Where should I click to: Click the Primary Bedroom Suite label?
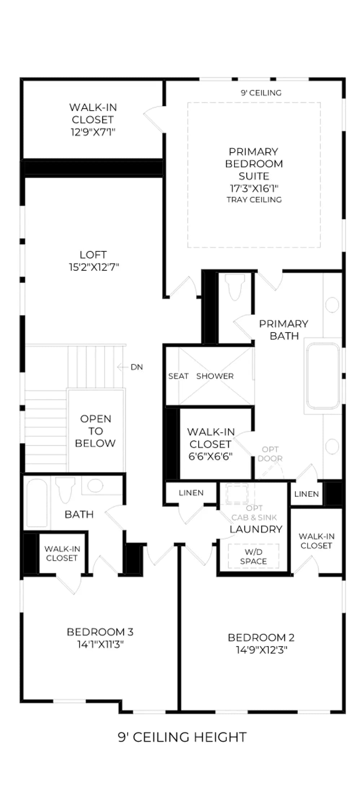254,163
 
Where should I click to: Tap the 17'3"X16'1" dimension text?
254,188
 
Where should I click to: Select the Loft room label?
93,255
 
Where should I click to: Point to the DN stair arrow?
123,367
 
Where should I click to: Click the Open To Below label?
95,431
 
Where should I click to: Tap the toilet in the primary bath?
234,287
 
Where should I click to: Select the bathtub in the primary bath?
323,376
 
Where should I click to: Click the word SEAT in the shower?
178,376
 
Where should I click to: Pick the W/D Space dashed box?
253,556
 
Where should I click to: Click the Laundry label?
256,529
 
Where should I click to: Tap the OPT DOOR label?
270,454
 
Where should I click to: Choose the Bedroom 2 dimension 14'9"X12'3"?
262,650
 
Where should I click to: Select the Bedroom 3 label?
100,632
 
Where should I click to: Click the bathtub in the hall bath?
37,503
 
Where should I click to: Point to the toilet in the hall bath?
65,489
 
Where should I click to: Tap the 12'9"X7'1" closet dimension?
93,132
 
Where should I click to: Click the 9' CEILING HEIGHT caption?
183,737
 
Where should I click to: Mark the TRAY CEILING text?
254,200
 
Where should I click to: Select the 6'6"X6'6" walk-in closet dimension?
210,456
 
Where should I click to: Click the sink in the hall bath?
95,485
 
